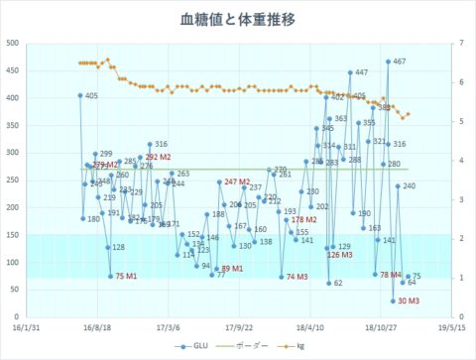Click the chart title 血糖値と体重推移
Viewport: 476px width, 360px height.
[237, 20]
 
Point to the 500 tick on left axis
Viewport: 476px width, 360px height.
[13, 44]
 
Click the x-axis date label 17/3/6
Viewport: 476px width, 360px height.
[167, 325]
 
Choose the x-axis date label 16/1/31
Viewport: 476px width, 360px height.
[25, 325]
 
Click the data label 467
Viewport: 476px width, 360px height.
[400, 61]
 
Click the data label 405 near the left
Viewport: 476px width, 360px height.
[91, 96]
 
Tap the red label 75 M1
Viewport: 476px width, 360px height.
[126, 275]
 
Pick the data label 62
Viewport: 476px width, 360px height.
[338, 283]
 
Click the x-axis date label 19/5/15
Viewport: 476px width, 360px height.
[451, 325]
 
